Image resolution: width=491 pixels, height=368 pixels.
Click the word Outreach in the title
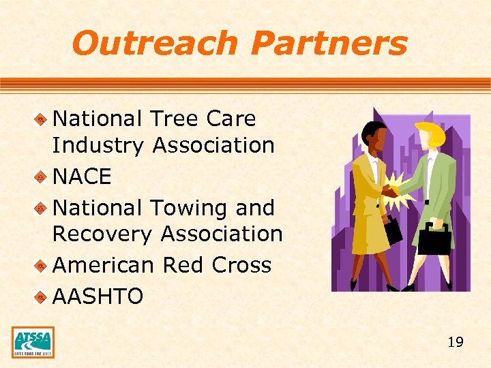pos(155,44)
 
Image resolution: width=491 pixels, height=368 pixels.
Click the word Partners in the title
pos(329,44)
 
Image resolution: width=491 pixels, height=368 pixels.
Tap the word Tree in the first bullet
pos(173,119)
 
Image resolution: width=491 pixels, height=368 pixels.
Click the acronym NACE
pos(82,177)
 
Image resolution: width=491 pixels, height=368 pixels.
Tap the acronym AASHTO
pos(98,296)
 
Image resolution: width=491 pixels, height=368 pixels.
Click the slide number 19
pos(455,341)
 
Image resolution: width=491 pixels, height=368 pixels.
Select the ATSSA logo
pos(33,342)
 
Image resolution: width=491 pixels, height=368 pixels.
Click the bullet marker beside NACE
pos(41,177)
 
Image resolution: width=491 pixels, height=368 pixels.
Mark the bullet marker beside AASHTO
pos(41,297)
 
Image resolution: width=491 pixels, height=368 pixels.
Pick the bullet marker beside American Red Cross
pos(41,266)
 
